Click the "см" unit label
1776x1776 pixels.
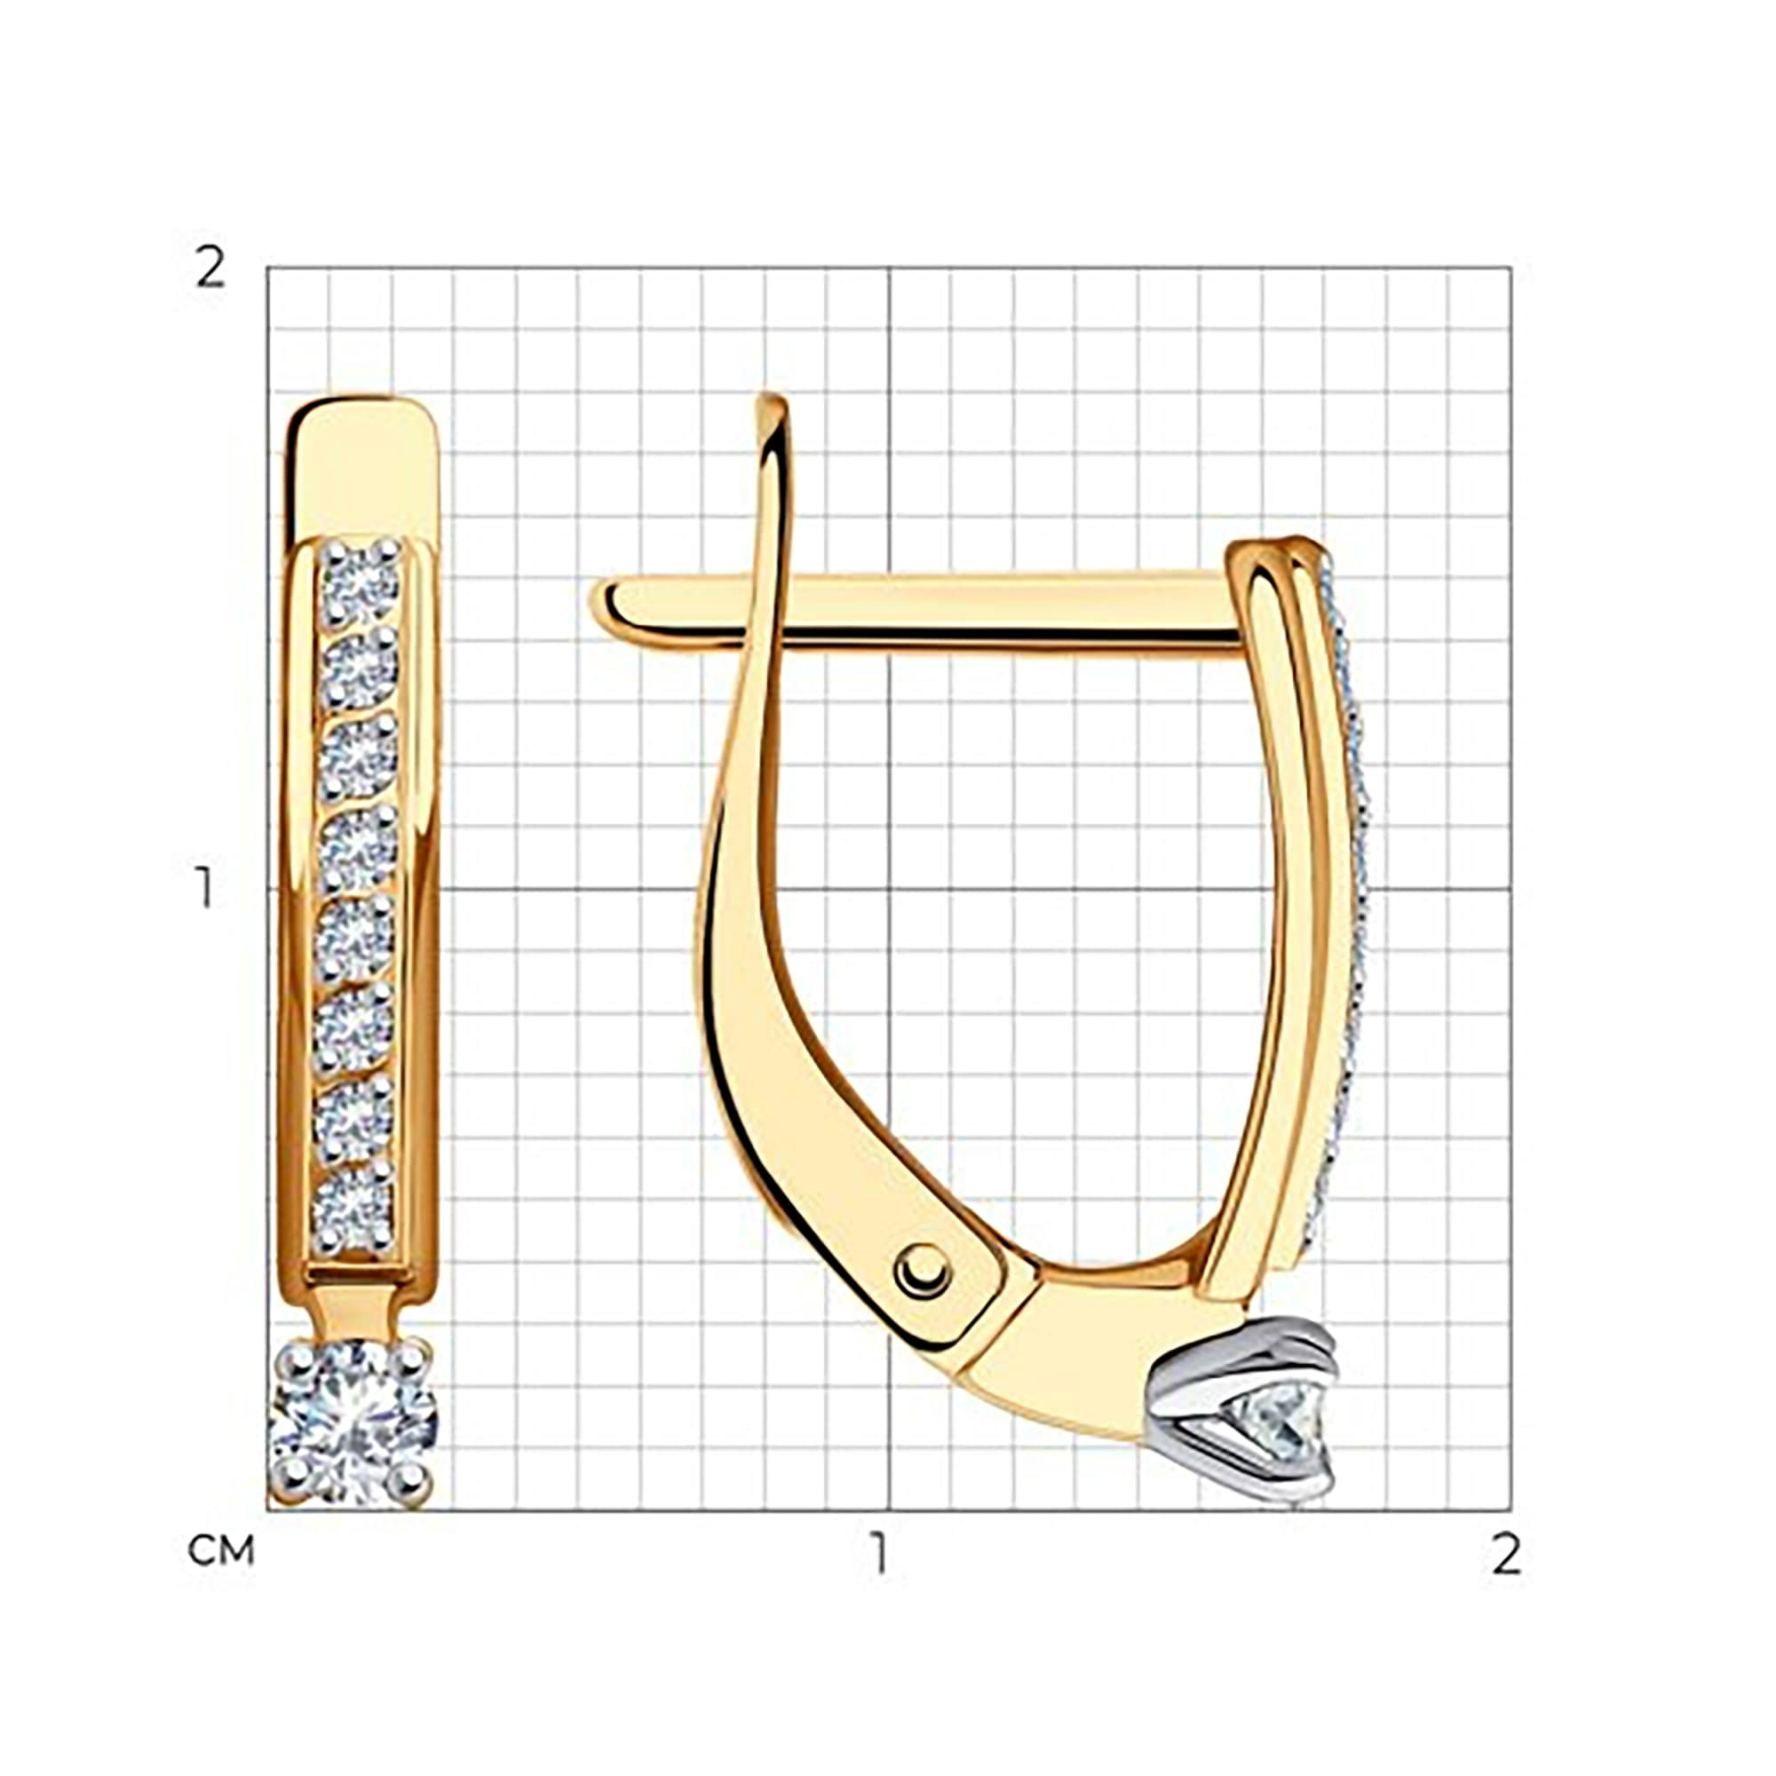pos(220,1551)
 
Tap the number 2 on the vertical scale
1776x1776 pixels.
pos(210,269)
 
